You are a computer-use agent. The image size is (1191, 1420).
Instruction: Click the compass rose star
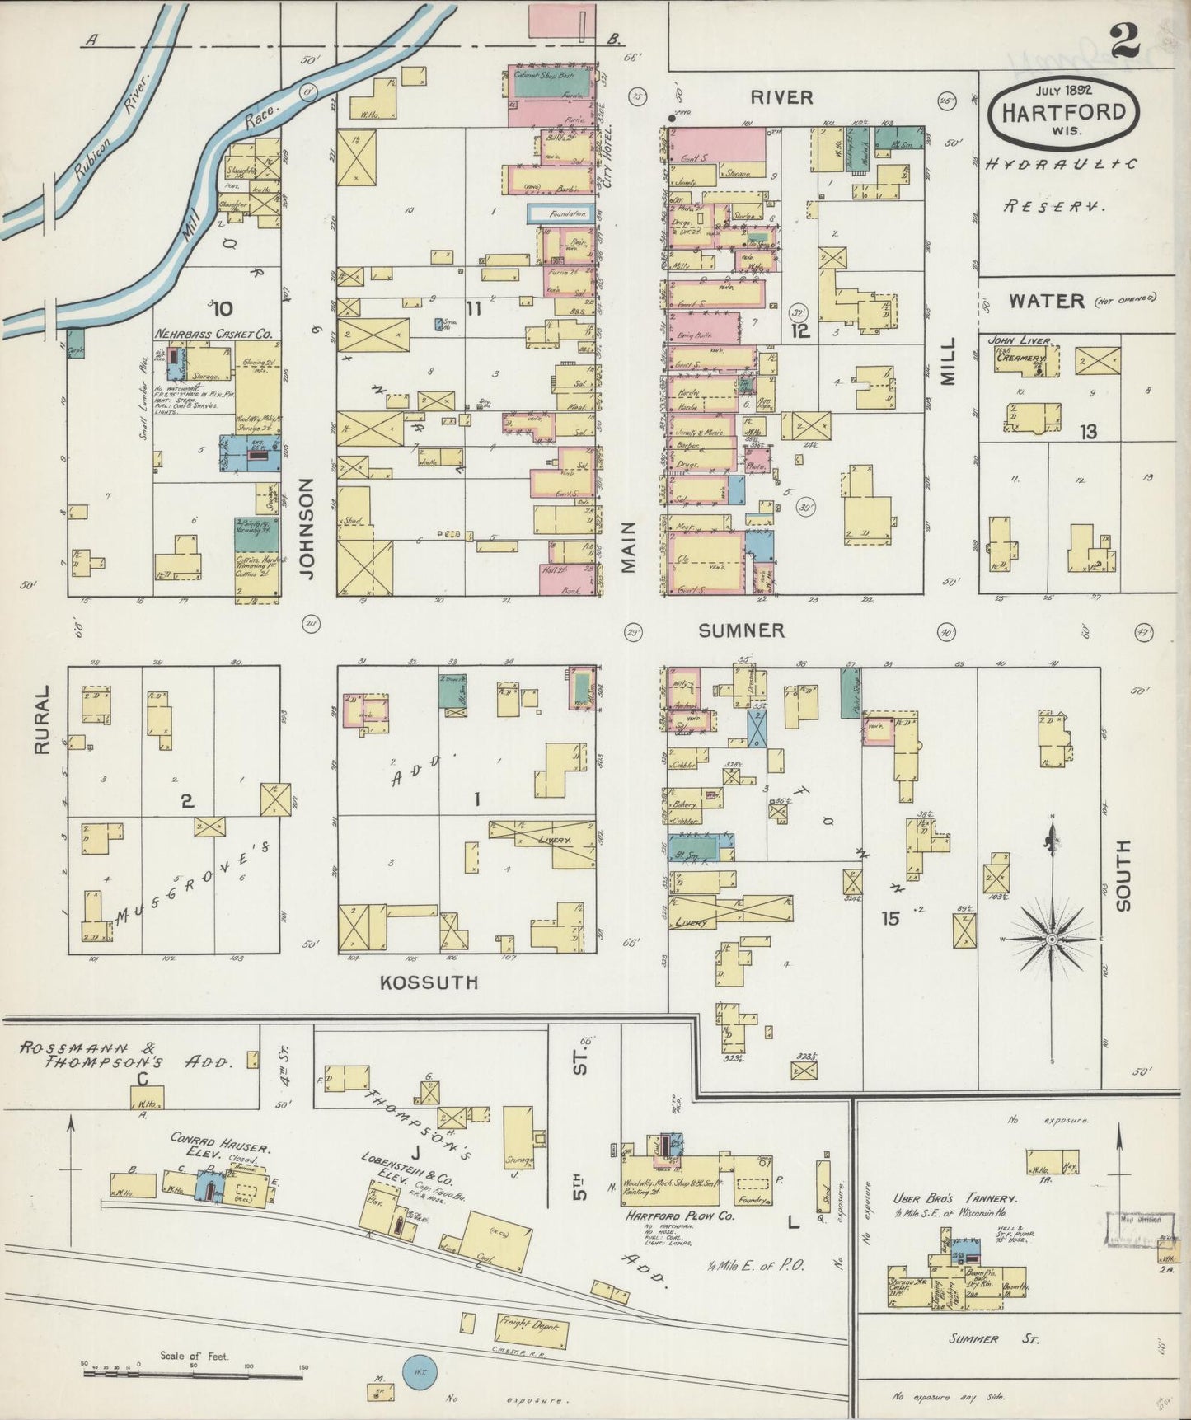coord(1053,940)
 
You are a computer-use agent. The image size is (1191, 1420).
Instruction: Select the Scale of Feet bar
coord(194,1375)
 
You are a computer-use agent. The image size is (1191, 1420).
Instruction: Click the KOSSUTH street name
coord(429,982)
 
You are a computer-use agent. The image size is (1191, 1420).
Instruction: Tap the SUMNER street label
coord(741,631)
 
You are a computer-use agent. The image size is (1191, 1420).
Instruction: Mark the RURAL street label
coord(43,719)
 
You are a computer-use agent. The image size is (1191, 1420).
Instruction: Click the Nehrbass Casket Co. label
coord(213,335)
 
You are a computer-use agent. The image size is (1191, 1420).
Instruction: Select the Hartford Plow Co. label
coord(668,1216)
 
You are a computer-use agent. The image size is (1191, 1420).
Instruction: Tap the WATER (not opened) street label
coord(1047,301)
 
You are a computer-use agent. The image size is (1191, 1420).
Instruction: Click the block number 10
coord(221,309)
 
